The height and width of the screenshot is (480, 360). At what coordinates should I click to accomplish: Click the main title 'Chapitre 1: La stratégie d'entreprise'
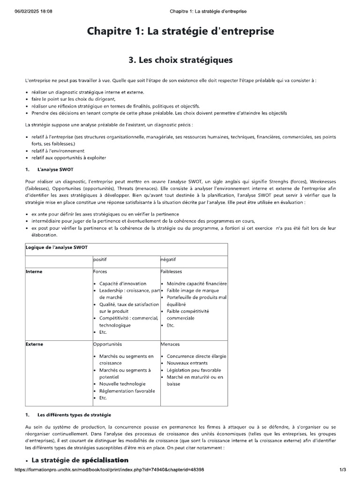[x=180, y=31]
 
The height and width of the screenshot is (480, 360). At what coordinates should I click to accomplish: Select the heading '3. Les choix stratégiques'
[x=180, y=60]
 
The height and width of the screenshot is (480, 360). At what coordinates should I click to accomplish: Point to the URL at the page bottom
[x=109, y=470]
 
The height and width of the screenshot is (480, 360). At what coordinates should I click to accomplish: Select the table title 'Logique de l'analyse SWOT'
[x=54, y=247]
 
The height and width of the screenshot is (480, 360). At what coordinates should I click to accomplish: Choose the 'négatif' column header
[x=168, y=259]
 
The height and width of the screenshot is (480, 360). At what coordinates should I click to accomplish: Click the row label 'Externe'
[x=34, y=344]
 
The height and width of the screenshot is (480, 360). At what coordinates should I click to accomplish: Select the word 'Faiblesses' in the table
[x=171, y=271]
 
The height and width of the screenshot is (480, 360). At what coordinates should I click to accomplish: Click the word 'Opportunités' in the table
[x=107, y=344]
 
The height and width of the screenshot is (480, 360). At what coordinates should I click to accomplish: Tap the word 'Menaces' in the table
[x=170, y=344]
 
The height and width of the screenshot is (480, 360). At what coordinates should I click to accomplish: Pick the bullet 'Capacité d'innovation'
[x=122, y=284]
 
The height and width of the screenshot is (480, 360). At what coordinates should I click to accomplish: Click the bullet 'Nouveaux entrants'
[x=187, y=363]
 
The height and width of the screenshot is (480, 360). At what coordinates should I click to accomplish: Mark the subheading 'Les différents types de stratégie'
[x=74, y=415]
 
